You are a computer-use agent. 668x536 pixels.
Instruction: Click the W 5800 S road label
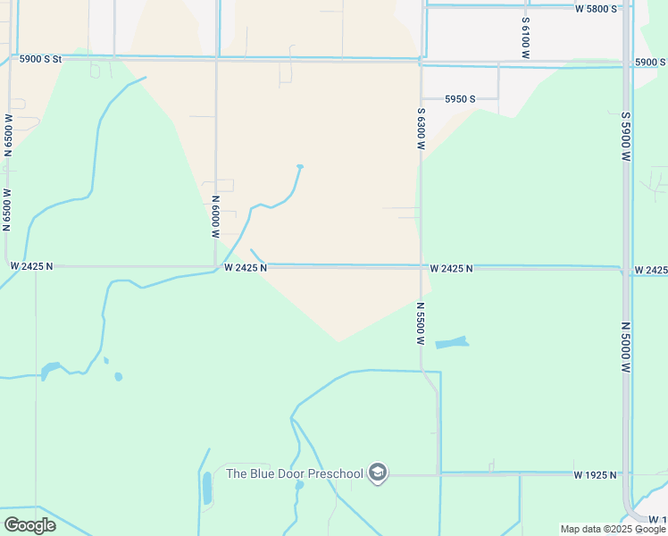click(596, 9)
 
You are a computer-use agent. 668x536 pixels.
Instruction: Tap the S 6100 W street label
click(526, 37)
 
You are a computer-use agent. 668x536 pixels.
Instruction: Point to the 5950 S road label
click(460, 98)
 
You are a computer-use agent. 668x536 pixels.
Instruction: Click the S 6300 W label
click(421, 128)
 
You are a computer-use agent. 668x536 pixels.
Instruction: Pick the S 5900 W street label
click(626, 135)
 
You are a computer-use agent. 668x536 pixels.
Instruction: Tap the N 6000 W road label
click(216, 217)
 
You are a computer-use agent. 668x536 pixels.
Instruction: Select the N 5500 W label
click(420, 323)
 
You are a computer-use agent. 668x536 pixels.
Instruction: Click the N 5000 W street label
click(626, 348)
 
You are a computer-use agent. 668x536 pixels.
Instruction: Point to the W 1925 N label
click(596, 474)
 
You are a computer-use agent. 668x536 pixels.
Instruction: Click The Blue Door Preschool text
click(295, 473)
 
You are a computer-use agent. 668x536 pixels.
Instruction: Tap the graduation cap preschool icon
click(378, 473)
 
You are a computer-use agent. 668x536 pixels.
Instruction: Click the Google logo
click(29, 524)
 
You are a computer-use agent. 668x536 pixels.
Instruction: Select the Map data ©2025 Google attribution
click(614, 529)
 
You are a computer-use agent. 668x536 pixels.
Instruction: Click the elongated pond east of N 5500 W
click(451, 342)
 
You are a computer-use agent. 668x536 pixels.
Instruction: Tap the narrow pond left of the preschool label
click(207, 488)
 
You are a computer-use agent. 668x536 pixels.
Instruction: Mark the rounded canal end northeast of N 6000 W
click(300, 167)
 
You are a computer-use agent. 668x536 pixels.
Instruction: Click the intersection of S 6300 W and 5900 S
click(421, 63)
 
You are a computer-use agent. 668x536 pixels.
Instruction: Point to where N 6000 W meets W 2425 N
click(216, 266)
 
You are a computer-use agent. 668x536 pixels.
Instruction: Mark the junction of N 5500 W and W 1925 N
click(438, 473)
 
